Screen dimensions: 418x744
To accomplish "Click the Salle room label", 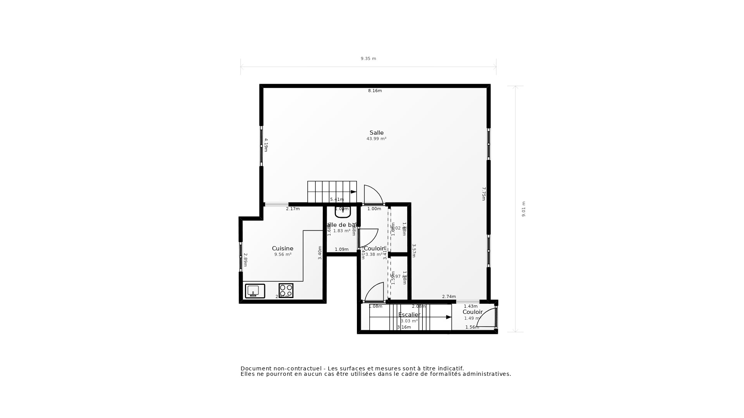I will click(x=376, y=133).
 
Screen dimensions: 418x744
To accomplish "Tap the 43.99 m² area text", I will click(x=376, y=139).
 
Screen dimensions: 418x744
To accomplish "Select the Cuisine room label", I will click(x=282, y=248).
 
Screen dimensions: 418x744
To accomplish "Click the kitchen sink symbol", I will click(x=255, y=291).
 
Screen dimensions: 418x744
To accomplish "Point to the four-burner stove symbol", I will click(x=286, y=290).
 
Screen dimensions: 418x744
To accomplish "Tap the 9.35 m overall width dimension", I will click(x=368, y=59).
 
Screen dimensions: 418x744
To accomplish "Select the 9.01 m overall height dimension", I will click(x=524, y=209).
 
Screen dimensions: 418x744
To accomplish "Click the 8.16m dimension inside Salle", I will click(x=375, y=91).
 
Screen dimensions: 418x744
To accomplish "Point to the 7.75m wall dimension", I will click(x=484, y=194).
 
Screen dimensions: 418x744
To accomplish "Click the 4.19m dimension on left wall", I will click(x=266, y=145).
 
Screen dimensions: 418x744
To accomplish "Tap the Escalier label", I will click(x=409, y=315).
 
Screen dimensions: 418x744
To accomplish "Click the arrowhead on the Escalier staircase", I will click(x=449, y=317).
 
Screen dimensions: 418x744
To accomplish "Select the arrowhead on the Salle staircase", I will click(x=353, y=192).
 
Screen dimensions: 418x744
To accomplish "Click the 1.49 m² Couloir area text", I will click(x=472, y=319).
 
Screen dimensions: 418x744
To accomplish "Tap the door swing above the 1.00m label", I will click(x=372, y=195).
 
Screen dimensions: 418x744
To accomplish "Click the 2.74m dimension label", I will click(x=449, y=297).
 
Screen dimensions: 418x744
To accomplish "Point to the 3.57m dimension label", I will click(x=414, y=250).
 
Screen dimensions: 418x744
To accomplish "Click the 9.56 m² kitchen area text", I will click(x=282, y=255).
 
